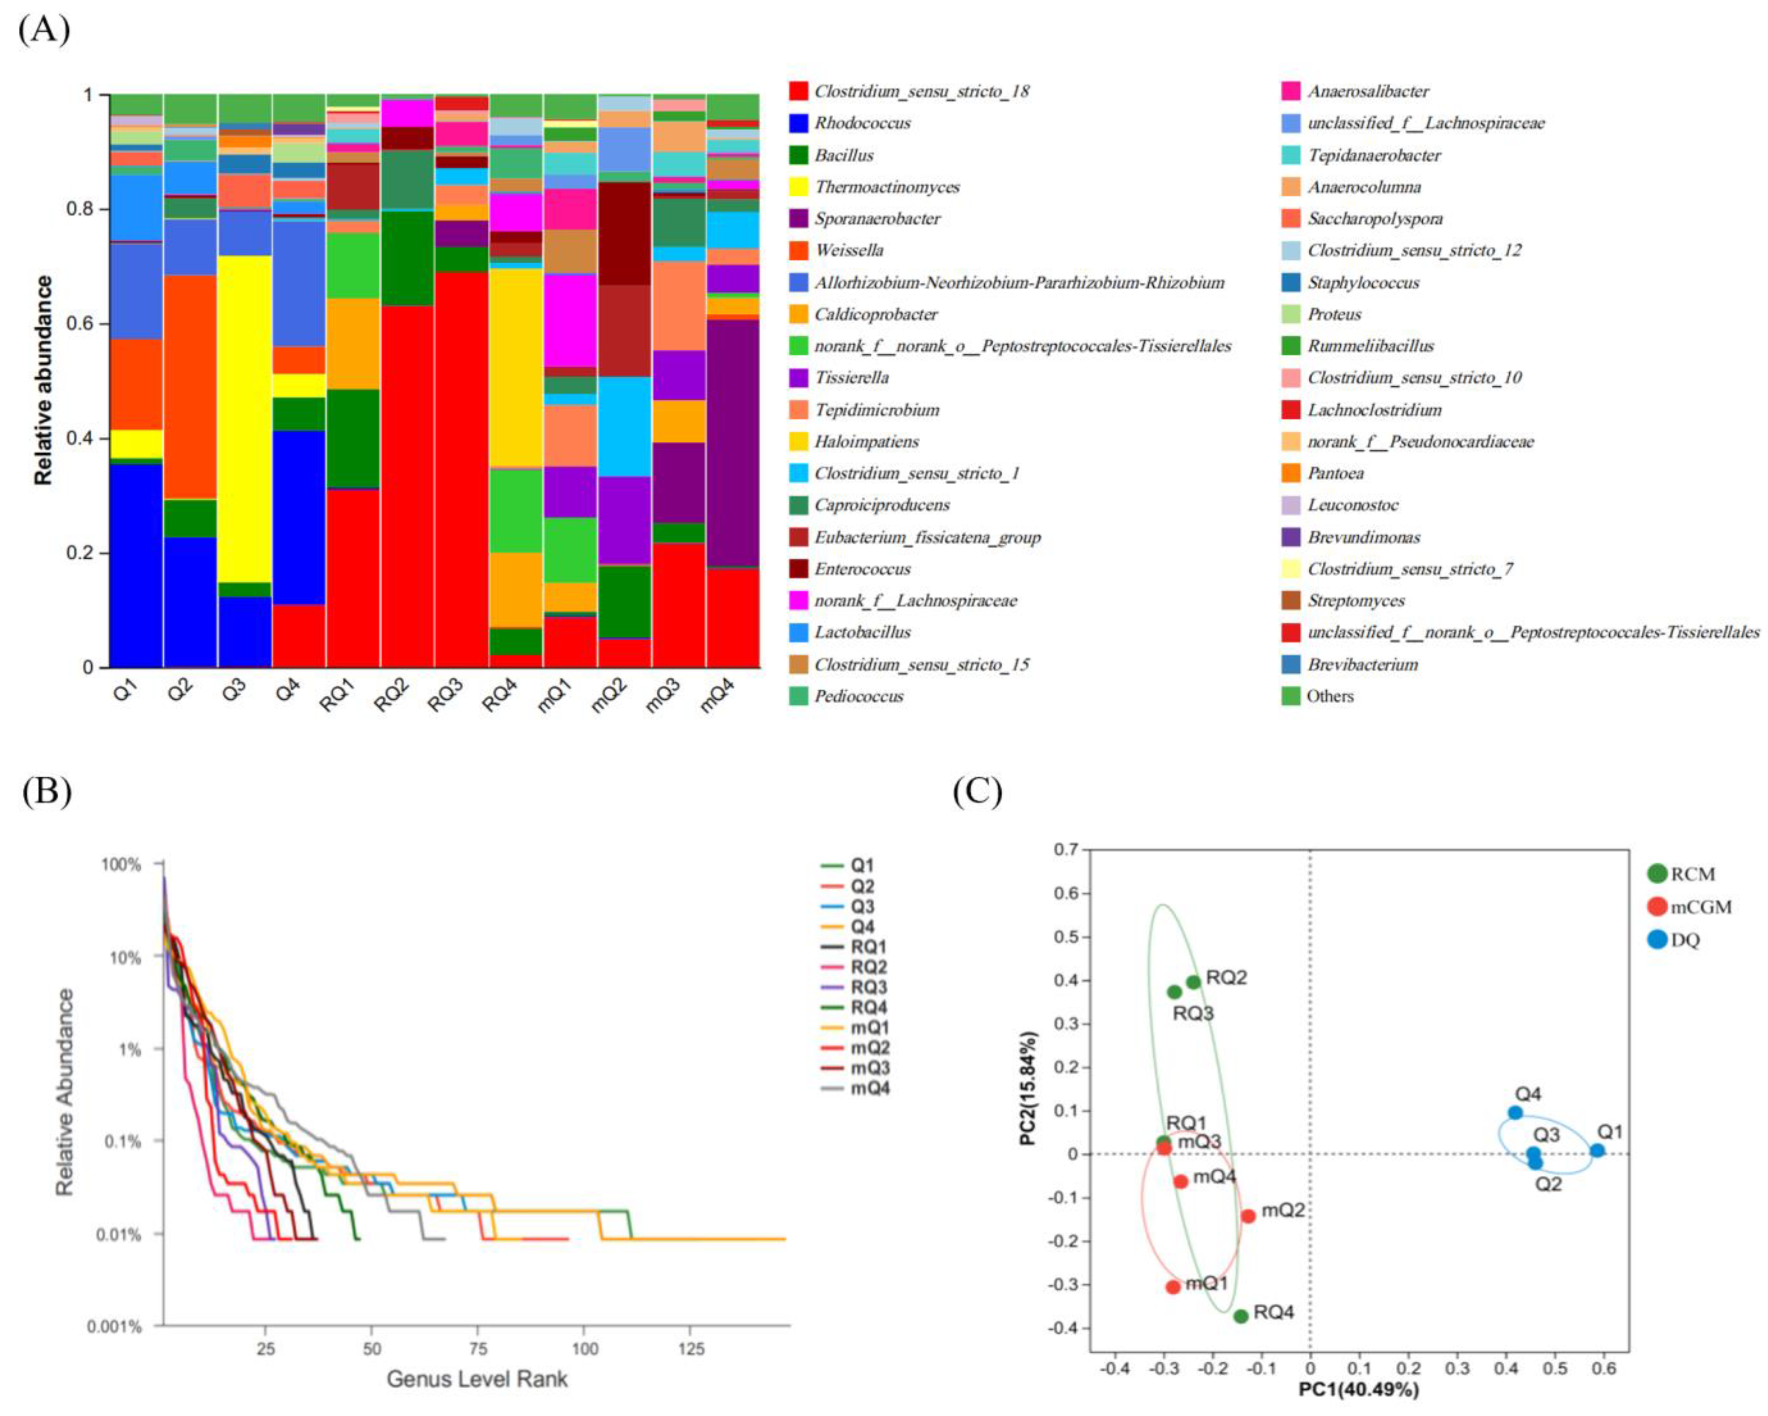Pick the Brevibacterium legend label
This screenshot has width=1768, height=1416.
[1362, 664]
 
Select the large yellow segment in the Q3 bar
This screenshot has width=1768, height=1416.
[245, 418]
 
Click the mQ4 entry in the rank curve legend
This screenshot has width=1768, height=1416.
[869, 1088]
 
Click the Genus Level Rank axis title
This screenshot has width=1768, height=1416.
[477, 1379]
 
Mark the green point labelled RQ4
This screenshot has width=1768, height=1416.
[1241, 1316]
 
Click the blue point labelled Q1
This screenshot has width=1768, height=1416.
[1596, 1150]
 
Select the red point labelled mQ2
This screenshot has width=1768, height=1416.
[1248, 1216]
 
